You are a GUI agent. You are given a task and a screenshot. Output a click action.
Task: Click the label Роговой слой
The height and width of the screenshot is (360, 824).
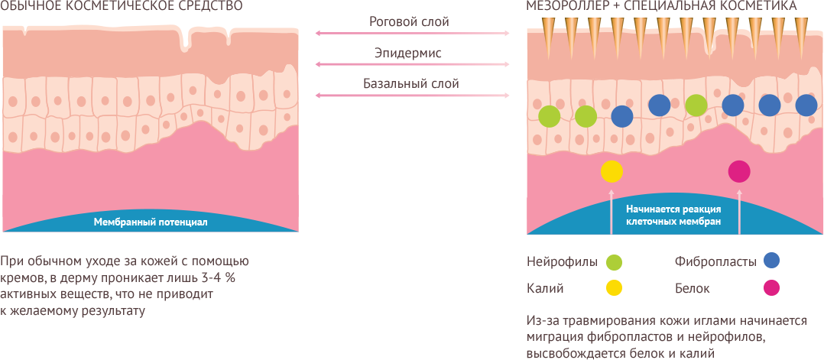(x=409, y=22)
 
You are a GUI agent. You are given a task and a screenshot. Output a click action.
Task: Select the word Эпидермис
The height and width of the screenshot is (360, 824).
(x=408, y=54)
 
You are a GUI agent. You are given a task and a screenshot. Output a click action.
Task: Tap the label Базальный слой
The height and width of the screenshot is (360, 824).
(x=410, y=83)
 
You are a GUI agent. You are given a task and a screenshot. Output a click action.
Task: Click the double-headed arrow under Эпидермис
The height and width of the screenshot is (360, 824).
(x=412, y=65)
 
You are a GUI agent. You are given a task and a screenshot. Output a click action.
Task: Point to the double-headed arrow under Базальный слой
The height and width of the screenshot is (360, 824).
(x=412, y=96)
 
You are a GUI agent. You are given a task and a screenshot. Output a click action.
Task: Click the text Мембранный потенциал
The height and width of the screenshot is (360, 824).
(x=151, y=222)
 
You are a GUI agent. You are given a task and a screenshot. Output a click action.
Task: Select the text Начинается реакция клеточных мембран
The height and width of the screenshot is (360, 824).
(x=673, y=215)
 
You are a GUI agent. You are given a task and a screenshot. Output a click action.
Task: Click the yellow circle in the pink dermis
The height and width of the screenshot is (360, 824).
(x=612, y=172)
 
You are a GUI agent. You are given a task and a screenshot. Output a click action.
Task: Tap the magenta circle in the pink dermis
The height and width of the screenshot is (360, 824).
(x=739, y=171)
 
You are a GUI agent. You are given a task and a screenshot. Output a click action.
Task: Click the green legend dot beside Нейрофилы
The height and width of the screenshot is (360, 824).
(x=614, y=262)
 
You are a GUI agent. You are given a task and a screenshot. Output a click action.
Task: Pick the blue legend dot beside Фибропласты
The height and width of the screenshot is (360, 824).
(x=771, y=261)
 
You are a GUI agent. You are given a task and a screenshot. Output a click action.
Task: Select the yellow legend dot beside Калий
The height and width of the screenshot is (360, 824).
(x=614, y=288)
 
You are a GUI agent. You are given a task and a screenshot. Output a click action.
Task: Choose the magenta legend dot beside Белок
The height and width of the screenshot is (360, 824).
(x=771, y=288)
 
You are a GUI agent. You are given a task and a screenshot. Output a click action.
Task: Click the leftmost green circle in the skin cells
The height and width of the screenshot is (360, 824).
(x=549, y=116)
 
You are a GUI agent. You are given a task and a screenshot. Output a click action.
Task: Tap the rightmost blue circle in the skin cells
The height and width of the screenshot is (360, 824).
(x=806, y=105)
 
